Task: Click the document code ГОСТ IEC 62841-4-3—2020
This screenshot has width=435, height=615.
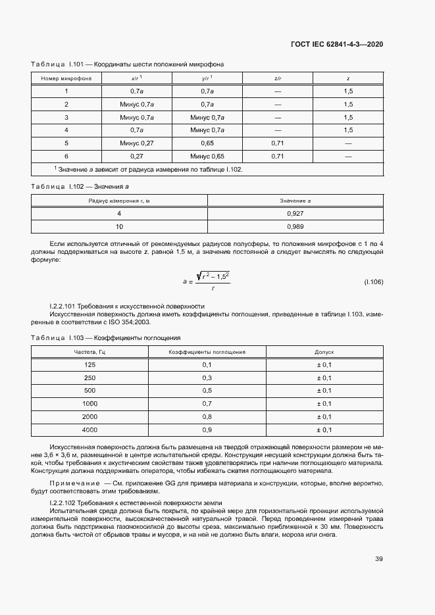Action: [x=336, y=45]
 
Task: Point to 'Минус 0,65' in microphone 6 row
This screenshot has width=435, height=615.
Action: [x=207, y=156]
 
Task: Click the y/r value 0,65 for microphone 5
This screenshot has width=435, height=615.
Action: [x=207, y=143]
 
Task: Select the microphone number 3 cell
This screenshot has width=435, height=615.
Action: [x=66, y=117]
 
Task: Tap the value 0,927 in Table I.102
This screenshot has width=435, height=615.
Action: [x=295, y=214]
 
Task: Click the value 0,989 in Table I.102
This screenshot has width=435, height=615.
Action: [x=295, y=226]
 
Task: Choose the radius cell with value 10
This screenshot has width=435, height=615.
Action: [x=119, y=226]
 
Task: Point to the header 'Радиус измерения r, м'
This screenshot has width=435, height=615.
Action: [x=119, y=200]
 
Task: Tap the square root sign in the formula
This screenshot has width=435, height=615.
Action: [x=199, y=276]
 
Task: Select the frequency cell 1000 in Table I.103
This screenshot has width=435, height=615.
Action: [x=90, y=403]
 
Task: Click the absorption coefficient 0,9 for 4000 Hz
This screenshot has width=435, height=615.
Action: [x=207, y=430]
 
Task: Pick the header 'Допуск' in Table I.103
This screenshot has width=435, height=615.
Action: [x=324, y=352]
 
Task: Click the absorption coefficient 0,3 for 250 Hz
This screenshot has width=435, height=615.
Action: [x=207, y=378]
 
